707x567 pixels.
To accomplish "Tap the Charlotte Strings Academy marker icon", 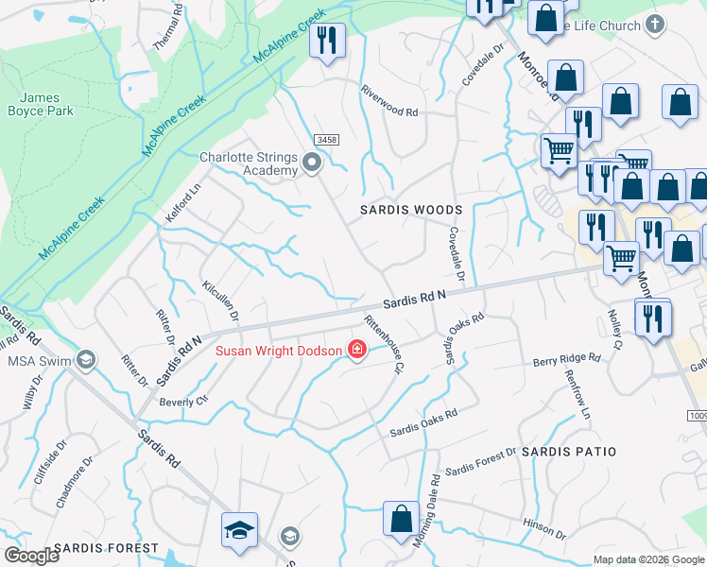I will tap(314, 165).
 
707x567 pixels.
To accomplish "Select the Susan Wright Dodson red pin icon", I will tap(357, 351).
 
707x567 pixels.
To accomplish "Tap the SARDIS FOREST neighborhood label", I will tap(106, 548).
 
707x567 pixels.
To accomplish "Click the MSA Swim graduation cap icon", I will tap(86, 360).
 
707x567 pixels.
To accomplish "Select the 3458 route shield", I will tap(327, 140).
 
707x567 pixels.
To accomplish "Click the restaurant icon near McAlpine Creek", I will tap(328, 41).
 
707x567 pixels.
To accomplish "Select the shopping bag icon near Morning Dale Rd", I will tap(401, 519).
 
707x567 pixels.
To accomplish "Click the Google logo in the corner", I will tap(31, 556).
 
